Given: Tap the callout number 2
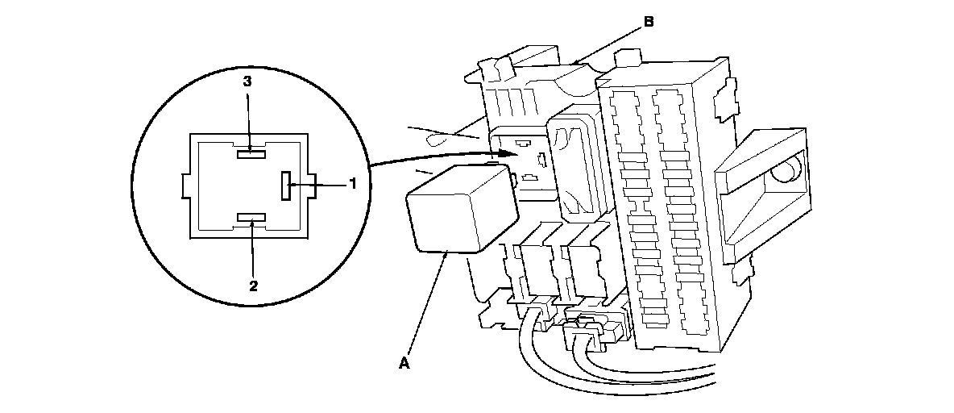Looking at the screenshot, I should click(254, 285).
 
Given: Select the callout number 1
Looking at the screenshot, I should click(352, 184).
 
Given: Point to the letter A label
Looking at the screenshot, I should click(405, 364).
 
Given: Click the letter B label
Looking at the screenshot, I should click(649, 23).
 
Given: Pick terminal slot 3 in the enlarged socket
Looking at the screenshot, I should click(251, 150).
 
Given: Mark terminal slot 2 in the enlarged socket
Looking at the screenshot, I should click(251, 218).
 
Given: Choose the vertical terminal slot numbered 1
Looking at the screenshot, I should click(285, 185).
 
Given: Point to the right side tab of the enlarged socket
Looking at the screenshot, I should click(312, 185).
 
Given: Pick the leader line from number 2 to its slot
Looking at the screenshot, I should click(253, 250).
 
